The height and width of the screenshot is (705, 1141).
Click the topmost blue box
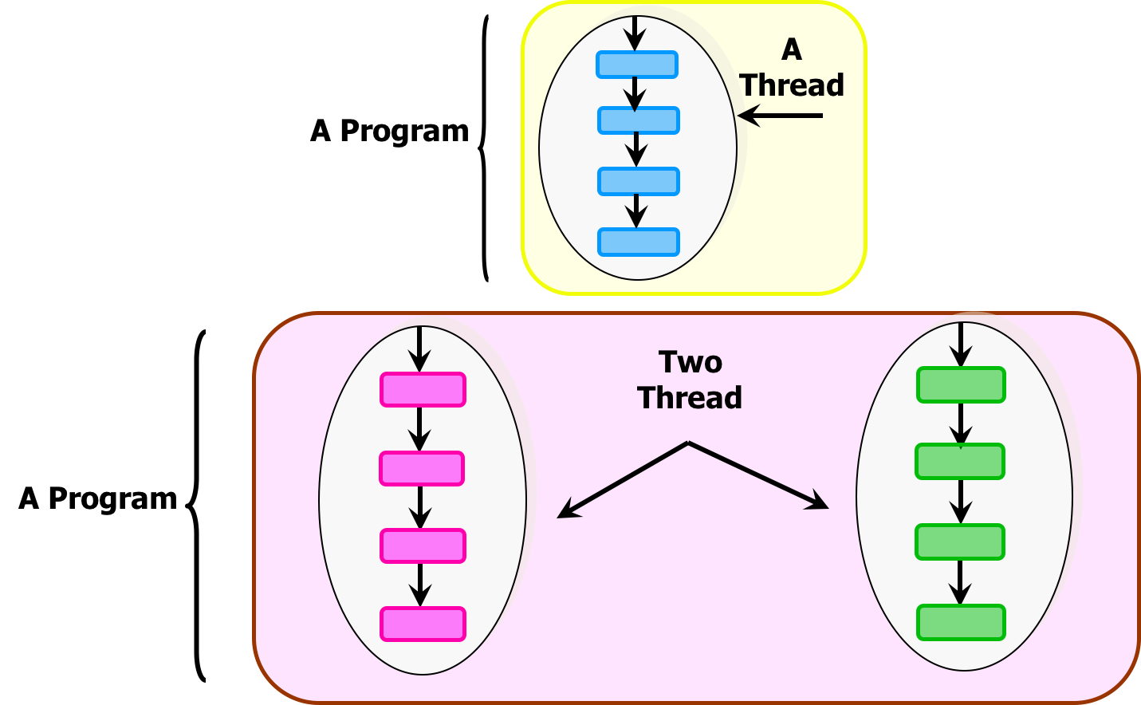pos(636,65)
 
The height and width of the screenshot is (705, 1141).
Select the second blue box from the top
pos(638,120)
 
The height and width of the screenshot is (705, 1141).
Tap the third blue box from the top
pos(638,181)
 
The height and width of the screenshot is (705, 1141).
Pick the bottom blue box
pos(638,242)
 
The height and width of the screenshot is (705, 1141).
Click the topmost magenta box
pos(423,389)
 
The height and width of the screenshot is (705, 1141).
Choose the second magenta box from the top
pos(422,468)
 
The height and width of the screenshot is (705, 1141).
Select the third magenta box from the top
pos(423,545)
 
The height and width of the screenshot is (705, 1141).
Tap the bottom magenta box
pos(423,624)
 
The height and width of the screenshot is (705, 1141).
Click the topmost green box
pos(961,384)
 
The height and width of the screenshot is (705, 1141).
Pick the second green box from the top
pos(960,461)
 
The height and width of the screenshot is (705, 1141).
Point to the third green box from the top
pos(960,542)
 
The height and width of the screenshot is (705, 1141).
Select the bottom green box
pos(961,622)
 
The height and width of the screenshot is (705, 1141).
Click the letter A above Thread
pos(791,49)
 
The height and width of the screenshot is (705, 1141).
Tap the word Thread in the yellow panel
pos(792,85)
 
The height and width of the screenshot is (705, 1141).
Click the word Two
pos(691,362)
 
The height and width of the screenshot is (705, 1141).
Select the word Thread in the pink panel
pos(690,397)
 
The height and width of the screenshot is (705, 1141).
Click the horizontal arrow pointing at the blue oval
pos(779,116)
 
